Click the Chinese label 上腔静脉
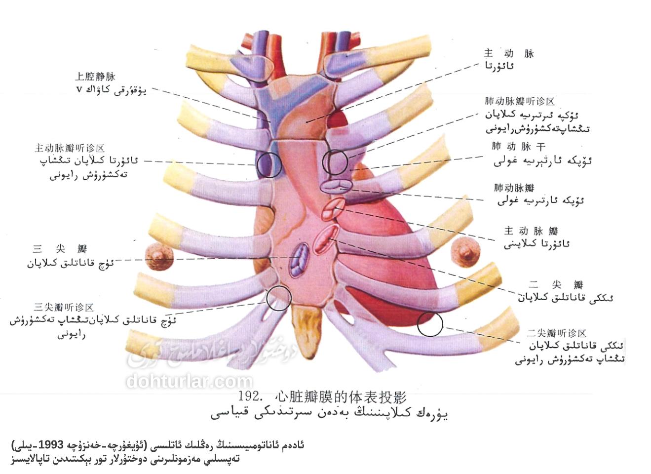[x=95, y=77]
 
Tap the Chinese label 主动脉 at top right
[x=508, y=53]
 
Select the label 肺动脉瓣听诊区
[x=519, y=101]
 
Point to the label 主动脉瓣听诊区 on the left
[x=70, y=148]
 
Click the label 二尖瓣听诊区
[x=556, y=333]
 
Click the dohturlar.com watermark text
[x=190, y=381]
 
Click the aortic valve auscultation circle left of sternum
[x=269, y=165]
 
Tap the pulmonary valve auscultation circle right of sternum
[x=335, y=162]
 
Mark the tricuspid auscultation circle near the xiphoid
[x=278, y=298]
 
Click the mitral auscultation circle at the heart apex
[x=429, y=324]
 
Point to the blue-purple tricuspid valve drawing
[x=299, y=260]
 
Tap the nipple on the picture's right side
[x=465, y=251]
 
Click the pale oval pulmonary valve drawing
[x=336, y=187]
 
